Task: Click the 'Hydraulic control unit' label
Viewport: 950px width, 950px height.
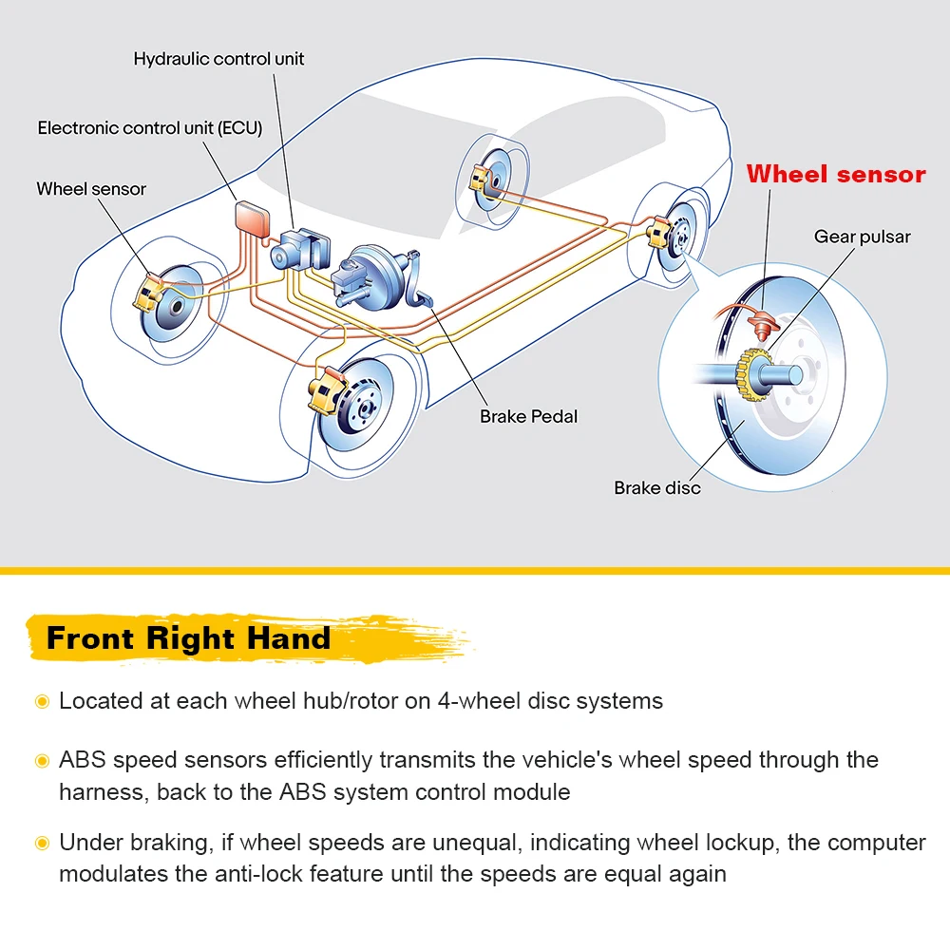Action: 218,59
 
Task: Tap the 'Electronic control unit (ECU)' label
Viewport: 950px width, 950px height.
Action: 150,127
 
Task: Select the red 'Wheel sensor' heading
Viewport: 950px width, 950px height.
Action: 835,174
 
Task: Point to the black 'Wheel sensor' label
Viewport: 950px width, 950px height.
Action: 91,189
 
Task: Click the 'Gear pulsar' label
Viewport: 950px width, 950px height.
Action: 862,237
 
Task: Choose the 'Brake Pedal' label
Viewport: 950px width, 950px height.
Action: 528,416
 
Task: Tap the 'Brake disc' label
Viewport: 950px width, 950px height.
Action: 656,488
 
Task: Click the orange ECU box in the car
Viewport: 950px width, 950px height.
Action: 254,218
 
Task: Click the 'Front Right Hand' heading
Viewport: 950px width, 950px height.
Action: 188,638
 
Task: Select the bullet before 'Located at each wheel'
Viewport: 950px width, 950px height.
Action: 42,702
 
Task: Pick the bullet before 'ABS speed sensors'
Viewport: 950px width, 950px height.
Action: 42,761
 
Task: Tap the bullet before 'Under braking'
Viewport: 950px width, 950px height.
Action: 42,843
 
